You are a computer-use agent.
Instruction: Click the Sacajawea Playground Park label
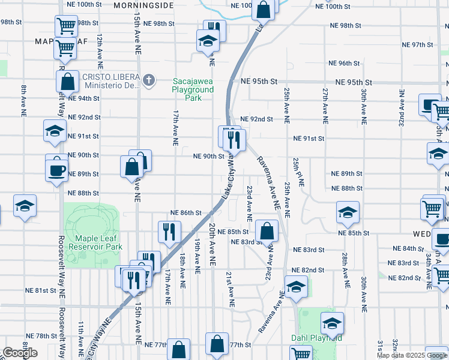click(193, 89)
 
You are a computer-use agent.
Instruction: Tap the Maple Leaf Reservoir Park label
click(95, 242)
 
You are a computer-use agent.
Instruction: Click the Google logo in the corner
click(20, 353)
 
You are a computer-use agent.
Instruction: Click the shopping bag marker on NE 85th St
click(267, 230)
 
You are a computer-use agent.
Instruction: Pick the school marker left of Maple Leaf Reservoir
click(25, 206)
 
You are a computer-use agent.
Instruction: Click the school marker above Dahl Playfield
click(295, 287)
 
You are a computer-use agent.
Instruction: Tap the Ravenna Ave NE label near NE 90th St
click(268, 182)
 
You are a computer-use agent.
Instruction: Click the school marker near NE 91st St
click(54, 131)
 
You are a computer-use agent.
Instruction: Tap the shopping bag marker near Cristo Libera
click(68, 82)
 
